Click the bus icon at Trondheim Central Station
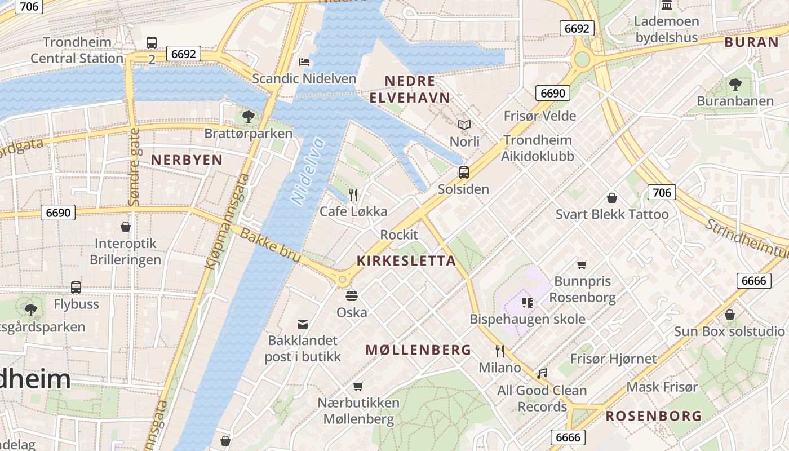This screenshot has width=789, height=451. pyautogui.click(x=152, y=42)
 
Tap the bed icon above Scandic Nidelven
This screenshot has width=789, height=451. pyautogui.click(x=304, y=61)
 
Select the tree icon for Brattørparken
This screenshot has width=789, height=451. pyautogui.click(x=248, y=117)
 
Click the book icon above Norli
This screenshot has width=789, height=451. pyautogui.click(x=464, y=125)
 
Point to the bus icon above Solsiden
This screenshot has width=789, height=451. pyautogui.click(x=464, y=173)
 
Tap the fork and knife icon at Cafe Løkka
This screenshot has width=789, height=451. pyautogui.click(x=353, y=195)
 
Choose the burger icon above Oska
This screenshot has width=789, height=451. pyautogui.click(x=352, y=296)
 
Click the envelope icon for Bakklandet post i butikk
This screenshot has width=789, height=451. pyautogui.click(x=303, y=324)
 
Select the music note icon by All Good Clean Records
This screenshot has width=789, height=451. pyautogui.click(x=542, y=373)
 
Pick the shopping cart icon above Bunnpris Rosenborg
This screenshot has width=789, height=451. pyautogui.click(x=582, y=264)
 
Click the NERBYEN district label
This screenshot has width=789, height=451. pyautogui.click(x=187, y=160)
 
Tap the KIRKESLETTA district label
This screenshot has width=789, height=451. pyautogui.click(x=406, y=261)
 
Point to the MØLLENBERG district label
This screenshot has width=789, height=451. pyautogui.click(x=418, y=350)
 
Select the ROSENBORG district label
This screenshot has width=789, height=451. pyautogui.click(x=654, y=417)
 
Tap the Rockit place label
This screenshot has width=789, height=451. pyautogui.click(x=399, y=235)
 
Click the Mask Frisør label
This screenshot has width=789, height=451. pyautogui.click(x=662, y=387)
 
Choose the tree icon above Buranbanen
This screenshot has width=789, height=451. pyautogui.click(x=735, y=85)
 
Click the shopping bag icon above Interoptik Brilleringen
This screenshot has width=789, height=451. pyautogui.click(x=126, y=227)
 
